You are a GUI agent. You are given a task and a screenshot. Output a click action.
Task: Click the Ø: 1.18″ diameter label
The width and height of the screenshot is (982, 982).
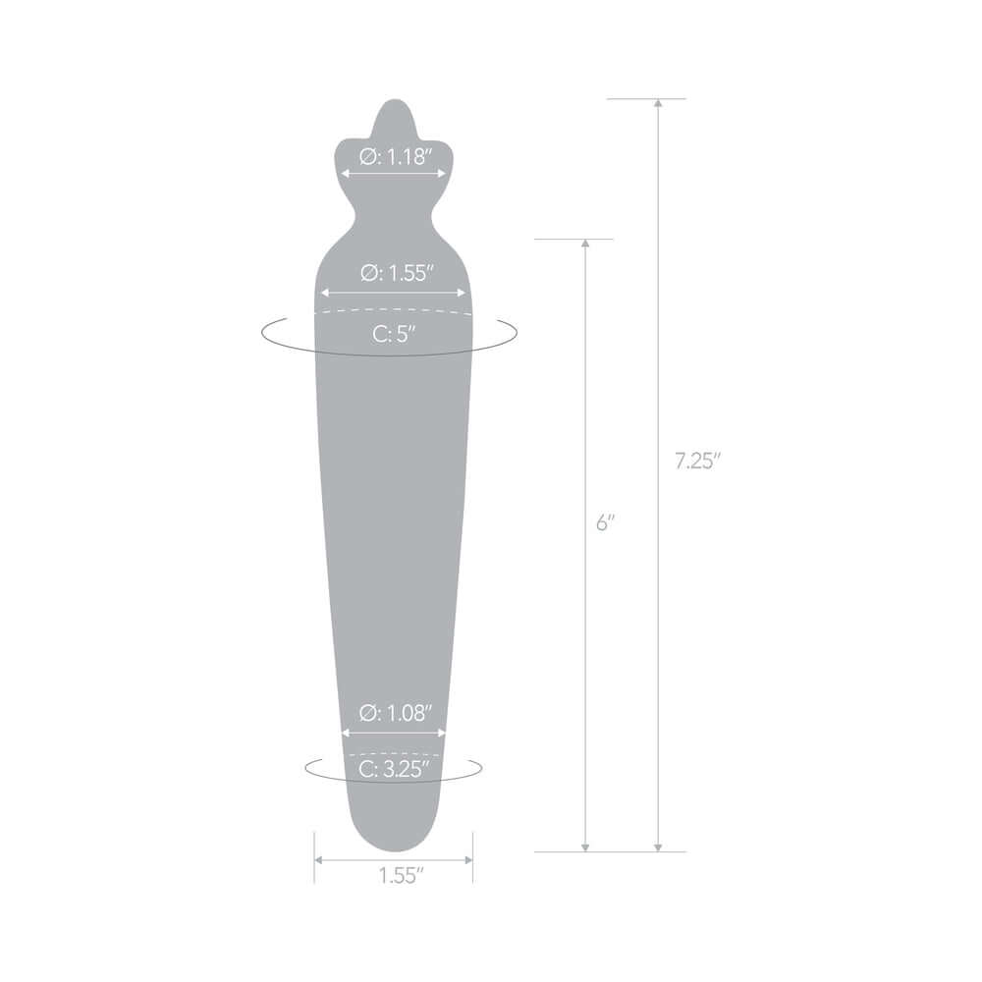tap(394, 156)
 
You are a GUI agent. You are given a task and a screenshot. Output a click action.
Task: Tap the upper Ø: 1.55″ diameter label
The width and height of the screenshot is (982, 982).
tap(394, 273)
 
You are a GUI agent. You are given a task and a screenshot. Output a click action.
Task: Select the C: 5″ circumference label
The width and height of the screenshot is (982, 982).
tap(394, 333)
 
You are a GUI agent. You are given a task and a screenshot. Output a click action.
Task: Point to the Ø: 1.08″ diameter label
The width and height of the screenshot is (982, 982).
tap(394, 714)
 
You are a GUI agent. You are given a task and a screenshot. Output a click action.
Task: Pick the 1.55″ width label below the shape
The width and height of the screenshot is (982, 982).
tap(394, 876)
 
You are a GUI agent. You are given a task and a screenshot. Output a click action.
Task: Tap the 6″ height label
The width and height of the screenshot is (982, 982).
tap(605, 523)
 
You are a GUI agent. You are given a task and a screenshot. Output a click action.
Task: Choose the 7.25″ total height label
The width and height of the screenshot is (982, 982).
tap(698, 462)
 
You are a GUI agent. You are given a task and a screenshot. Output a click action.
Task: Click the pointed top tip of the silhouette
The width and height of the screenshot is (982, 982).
tap(393, 102)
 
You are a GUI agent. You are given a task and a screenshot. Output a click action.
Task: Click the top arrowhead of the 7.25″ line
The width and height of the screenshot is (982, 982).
tap(657, 103)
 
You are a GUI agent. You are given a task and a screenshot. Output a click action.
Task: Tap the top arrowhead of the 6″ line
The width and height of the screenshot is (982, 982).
tap(585, 244)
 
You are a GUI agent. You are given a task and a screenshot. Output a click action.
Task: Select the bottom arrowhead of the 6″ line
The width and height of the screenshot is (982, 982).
tap(585, 846)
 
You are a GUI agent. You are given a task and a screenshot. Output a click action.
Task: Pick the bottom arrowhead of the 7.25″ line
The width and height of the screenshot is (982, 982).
tap(657, 846)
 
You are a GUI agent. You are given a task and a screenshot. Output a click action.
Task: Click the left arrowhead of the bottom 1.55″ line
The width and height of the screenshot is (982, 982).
tap(318, 859)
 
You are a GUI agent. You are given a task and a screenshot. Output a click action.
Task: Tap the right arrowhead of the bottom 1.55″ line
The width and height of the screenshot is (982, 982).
tap(468, 859)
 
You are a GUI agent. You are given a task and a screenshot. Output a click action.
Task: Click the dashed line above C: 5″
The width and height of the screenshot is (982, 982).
tap(393, 312)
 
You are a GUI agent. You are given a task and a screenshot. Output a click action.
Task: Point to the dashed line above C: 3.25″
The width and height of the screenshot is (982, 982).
tap(393, 754)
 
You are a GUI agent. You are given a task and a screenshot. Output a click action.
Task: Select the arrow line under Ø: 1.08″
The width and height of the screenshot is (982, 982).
tap(393, 732)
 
